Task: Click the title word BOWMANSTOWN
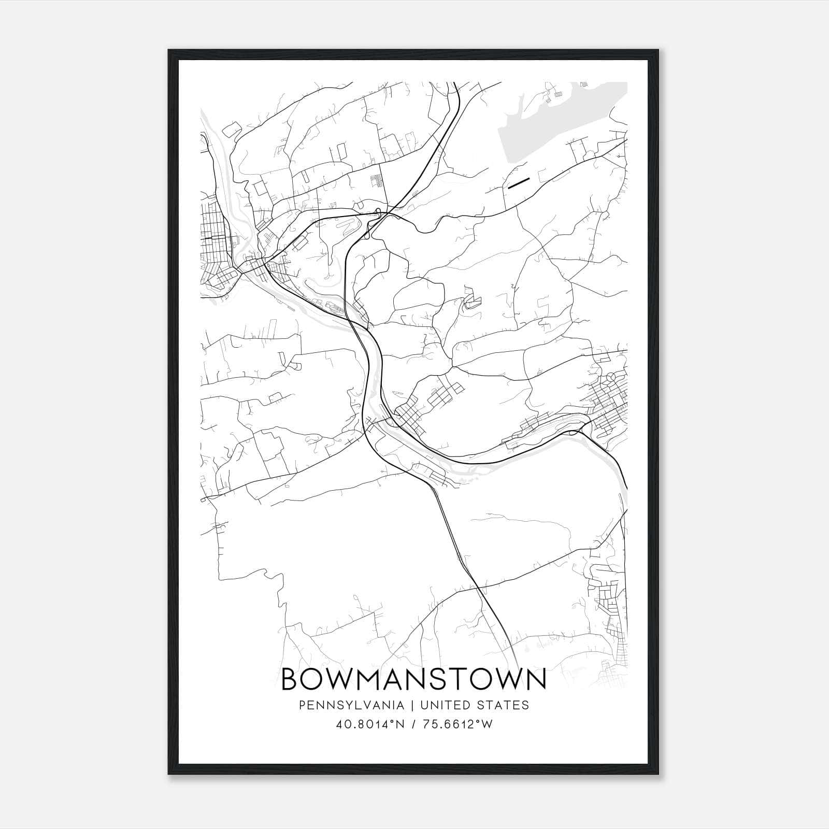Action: [413, 679]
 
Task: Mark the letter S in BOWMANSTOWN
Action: [448, 680]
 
